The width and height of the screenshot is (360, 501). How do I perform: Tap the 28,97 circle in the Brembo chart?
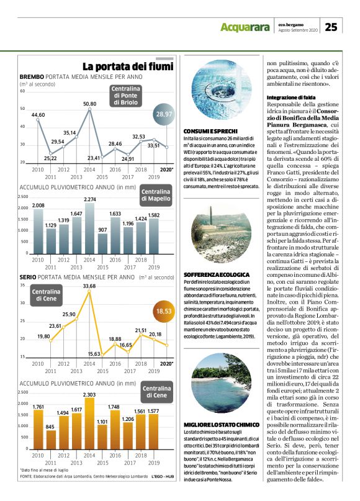click(163, 114)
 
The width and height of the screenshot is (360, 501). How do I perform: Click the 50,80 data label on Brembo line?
click(89, 104)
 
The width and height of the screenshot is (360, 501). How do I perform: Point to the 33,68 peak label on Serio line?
click(89, 286)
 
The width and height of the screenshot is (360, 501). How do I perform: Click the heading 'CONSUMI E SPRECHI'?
click(208, 132)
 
